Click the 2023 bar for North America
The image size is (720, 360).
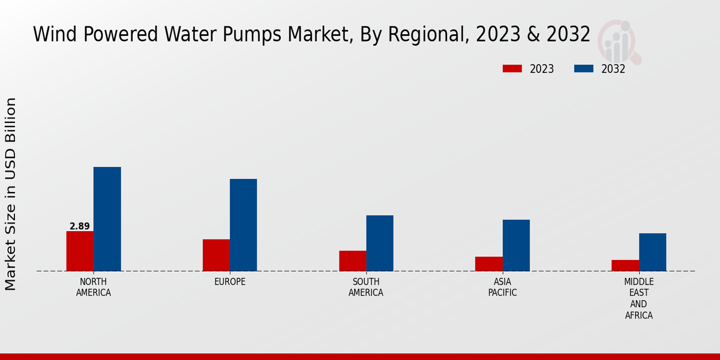(80, 251)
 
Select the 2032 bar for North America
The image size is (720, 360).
(107, 219)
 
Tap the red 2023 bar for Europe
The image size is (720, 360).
(216, 255)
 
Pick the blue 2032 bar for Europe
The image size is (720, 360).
(243, 225)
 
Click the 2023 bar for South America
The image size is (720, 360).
(352, 260)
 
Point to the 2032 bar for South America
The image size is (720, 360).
(380, 243)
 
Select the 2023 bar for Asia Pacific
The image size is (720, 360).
(488, 264)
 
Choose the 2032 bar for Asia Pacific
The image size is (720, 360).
(516, 245)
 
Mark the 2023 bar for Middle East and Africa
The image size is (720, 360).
(625, 265)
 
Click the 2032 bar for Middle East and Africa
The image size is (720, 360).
(652, 252)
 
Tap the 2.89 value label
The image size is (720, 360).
(80, 226)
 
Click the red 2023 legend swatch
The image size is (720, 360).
(512, 69)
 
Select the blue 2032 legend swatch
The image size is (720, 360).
(583, 69)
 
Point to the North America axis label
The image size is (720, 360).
(94, 287)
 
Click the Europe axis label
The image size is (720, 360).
(230, 282)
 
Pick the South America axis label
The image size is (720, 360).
(366, 287)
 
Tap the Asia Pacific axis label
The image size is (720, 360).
(502, 287)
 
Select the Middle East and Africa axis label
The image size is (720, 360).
(639, 298)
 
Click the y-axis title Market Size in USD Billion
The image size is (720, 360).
(11, 194)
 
